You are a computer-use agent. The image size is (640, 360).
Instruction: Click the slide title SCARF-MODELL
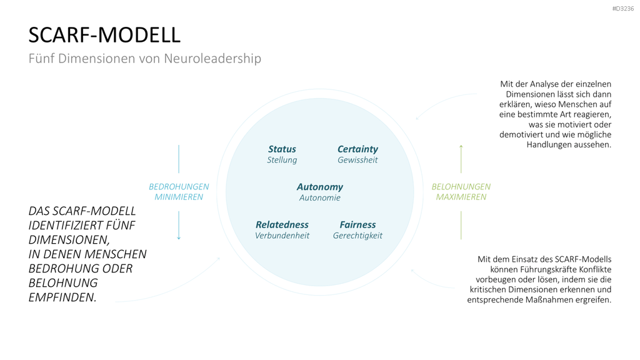(104, 35)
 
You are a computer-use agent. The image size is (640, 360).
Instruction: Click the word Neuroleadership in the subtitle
(212, 58)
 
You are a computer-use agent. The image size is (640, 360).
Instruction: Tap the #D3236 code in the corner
(623, 9)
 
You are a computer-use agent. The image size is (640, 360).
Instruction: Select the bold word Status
(282, 149)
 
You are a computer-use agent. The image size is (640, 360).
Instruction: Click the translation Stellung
(282, 160)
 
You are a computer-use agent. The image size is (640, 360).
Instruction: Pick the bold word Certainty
(357, 149)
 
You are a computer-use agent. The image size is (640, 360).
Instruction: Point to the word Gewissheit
(357, 160)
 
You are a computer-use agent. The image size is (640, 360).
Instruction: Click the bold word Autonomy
(319, 187)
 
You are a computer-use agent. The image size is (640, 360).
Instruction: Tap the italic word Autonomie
(319, 197)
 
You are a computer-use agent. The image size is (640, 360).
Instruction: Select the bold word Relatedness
(282, 224)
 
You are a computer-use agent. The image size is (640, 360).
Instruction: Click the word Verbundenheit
(282, 236)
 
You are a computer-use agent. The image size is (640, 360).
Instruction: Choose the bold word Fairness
(357, 224)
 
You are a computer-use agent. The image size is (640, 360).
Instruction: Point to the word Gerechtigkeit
(357, 236)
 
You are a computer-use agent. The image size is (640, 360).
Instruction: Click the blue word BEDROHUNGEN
(179, 186)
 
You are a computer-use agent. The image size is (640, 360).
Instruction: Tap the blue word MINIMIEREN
(179, 197)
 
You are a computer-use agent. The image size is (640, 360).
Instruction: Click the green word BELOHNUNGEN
(461, 186)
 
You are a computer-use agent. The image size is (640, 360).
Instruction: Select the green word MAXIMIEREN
(461, 197)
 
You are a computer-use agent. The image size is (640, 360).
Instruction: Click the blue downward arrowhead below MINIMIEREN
(179, 238)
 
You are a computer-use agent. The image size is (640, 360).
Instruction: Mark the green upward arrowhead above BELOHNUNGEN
(461, 146)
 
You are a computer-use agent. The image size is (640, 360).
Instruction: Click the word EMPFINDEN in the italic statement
(62, 297)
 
